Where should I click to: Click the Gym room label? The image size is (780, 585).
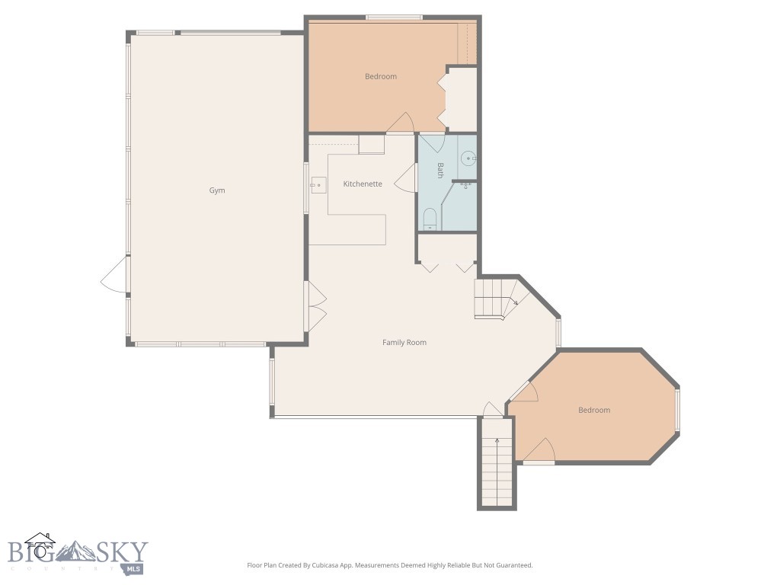217,190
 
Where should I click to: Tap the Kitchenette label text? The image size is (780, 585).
363,184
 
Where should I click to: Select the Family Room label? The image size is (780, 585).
404,343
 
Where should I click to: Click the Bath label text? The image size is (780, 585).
440,170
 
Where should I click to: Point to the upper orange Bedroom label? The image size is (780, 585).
381,76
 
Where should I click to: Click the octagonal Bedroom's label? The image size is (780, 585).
594,411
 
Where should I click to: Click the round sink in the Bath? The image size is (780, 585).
468,158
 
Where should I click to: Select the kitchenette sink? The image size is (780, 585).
318,184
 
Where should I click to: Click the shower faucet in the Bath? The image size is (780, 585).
466,185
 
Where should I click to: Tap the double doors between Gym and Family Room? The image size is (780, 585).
315,306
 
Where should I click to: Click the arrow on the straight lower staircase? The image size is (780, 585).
497,441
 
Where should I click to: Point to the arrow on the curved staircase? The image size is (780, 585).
515,302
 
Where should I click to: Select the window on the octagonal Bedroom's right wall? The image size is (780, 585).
677,411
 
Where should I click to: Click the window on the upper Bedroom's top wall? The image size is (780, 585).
394,18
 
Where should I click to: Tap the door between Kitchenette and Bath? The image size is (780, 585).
407,177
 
